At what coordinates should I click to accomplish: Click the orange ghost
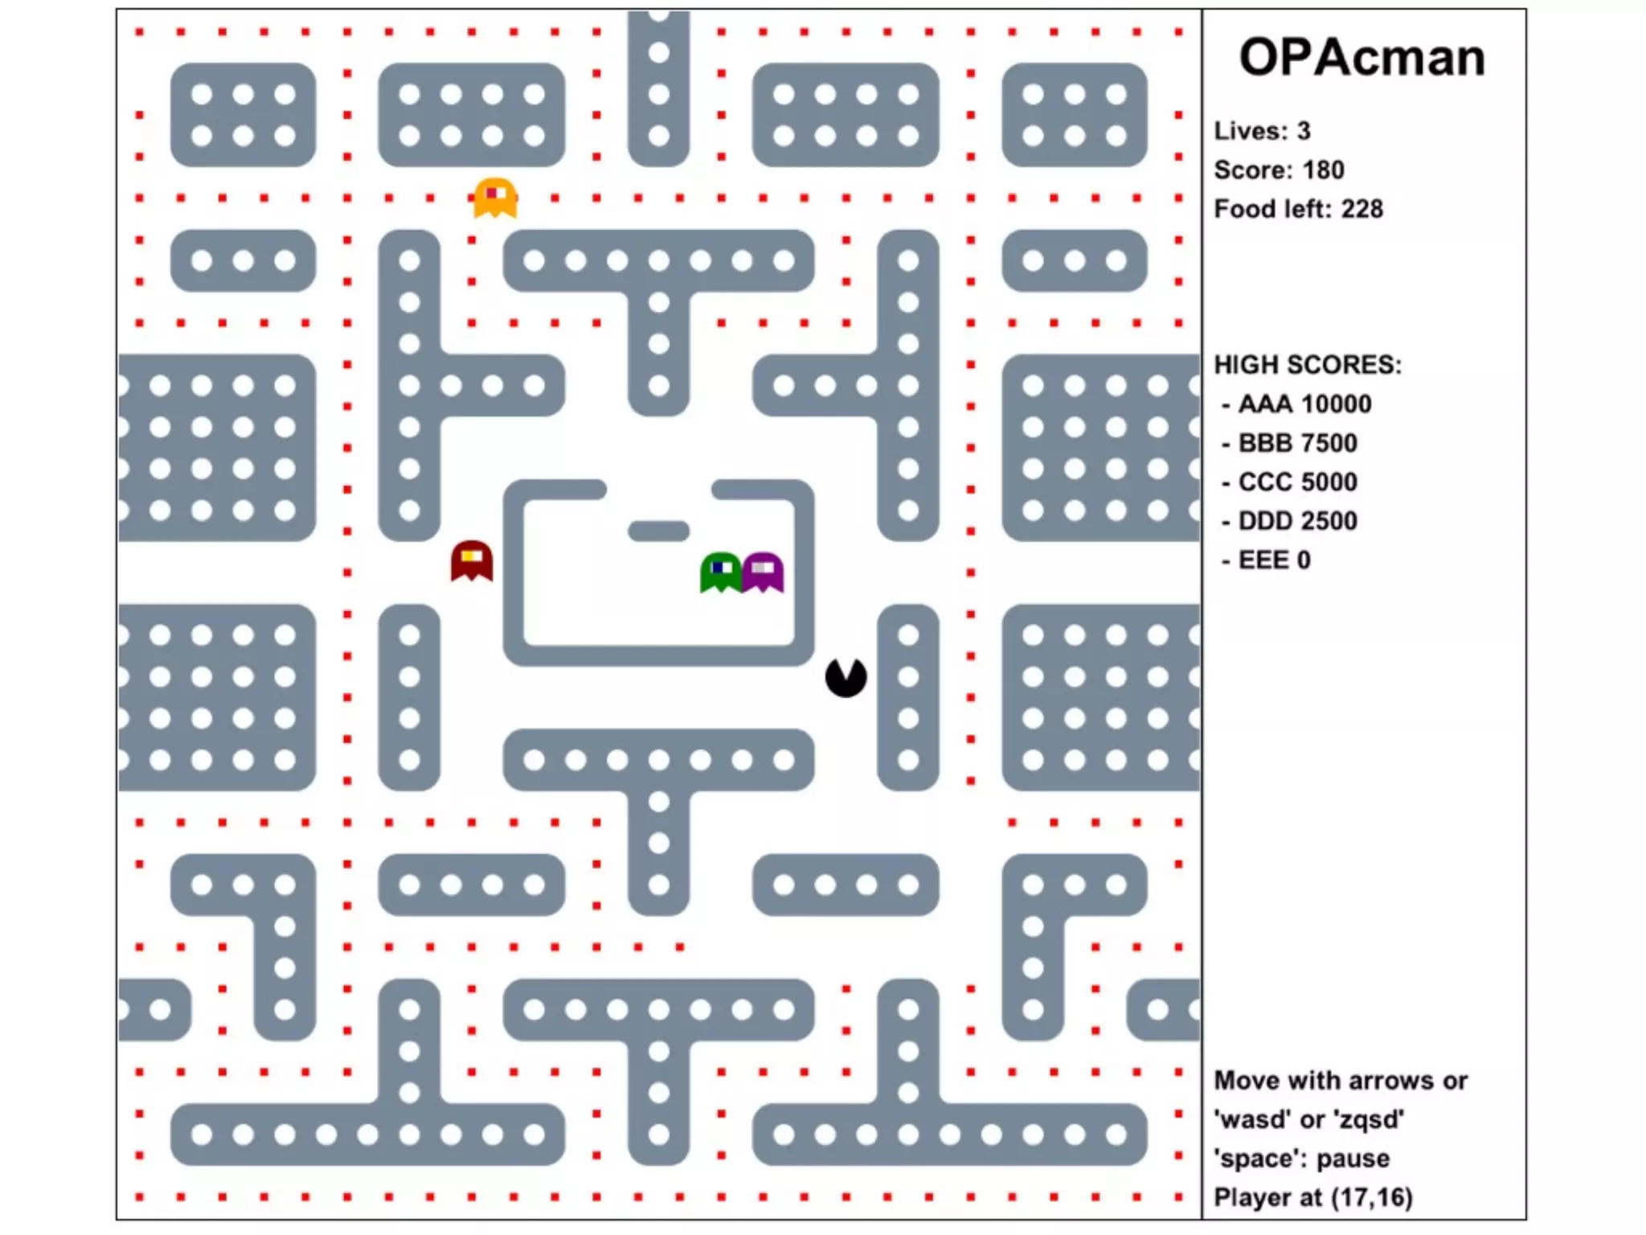pos(495,198)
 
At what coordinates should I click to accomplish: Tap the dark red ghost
pos(472,560)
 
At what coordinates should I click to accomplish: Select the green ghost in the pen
pos(721,572)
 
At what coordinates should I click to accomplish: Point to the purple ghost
pos(763,572)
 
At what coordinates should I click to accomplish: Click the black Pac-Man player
pos(846,677)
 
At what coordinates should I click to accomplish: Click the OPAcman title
pos(1361,58)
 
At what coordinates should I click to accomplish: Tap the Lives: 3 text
pos(1262,130)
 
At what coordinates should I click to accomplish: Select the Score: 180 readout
pos(1279,170)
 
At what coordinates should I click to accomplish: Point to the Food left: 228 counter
pos(1298,209)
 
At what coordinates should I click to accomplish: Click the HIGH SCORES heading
pos(1308,365)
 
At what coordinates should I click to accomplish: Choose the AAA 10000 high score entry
pos(1304,404)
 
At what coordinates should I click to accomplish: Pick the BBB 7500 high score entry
pos(1297,443)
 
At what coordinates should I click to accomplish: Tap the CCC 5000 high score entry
pos(1297,482)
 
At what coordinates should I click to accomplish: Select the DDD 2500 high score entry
pos(1297,521)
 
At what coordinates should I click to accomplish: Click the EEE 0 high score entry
pos(1274,560)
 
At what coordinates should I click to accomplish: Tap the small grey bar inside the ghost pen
pos(658,531)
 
